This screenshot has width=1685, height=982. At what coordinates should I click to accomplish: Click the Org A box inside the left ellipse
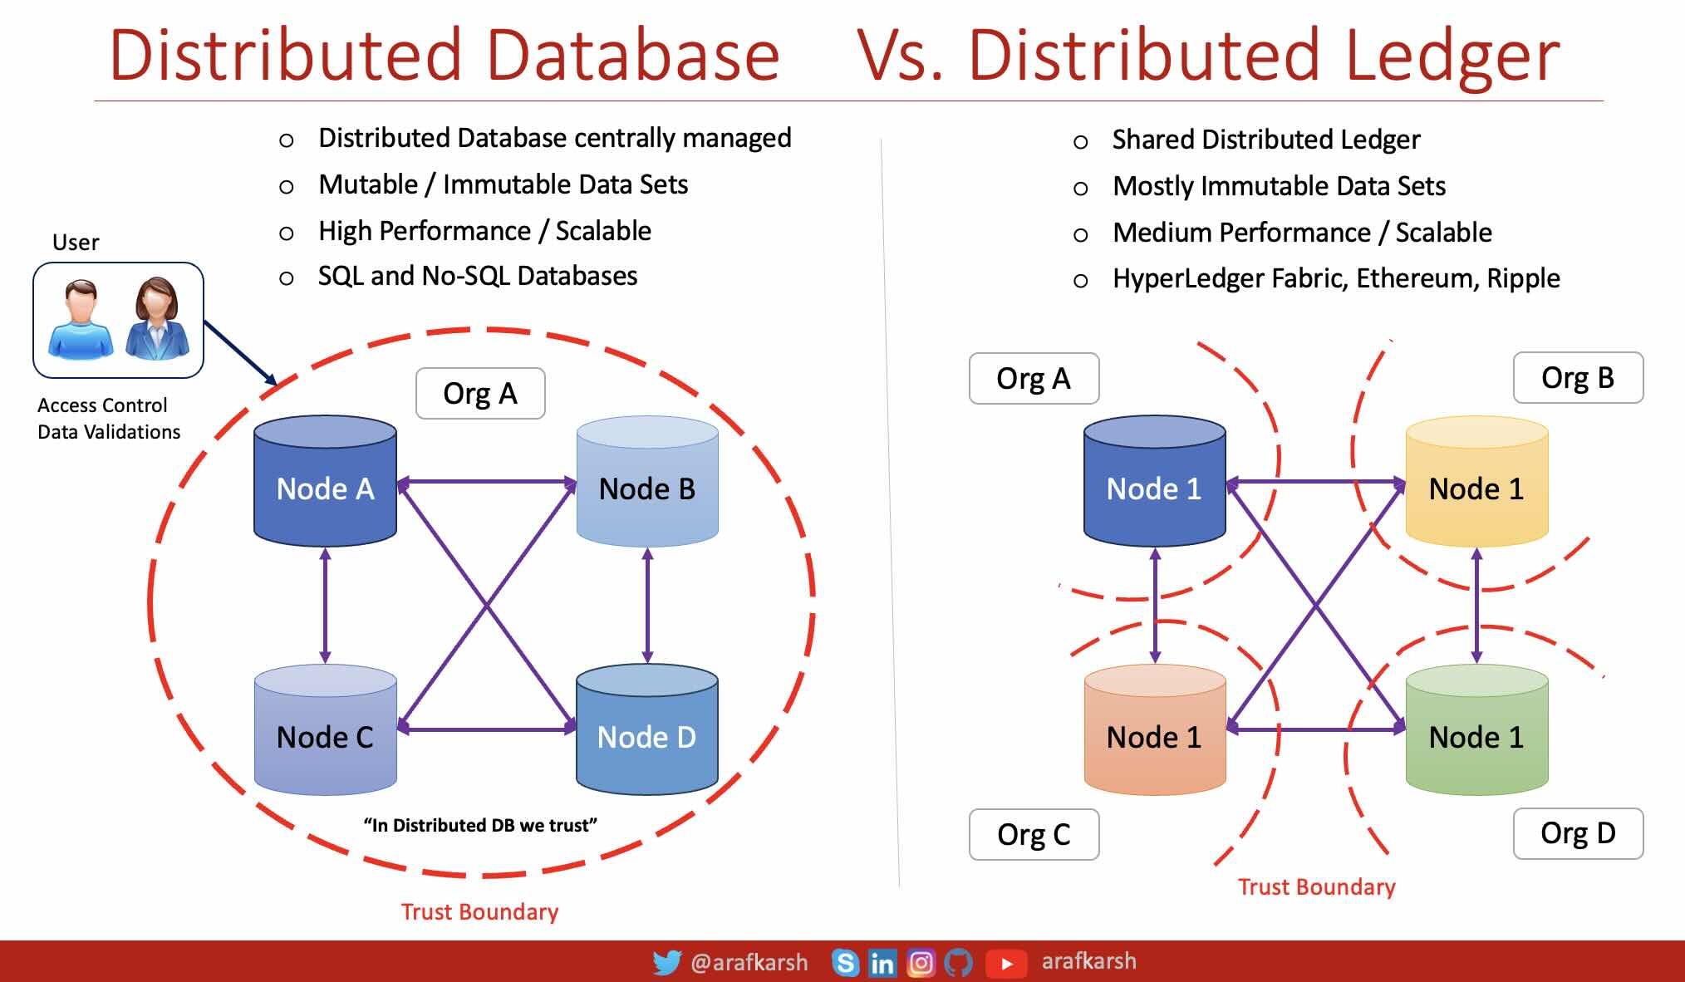click(480, 394)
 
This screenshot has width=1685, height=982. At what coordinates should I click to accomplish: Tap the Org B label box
click(1578, 378)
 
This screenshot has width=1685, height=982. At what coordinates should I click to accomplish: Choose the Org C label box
click(1034, 834)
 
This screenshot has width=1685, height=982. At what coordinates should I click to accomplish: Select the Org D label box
click(1578, 833)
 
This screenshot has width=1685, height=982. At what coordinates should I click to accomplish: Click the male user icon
click(81, 320)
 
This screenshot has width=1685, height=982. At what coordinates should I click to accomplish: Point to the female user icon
click(157, 320)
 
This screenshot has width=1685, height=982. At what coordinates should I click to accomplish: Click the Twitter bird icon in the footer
click(666, 962)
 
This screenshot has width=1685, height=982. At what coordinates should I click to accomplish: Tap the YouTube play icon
click(1006, 963)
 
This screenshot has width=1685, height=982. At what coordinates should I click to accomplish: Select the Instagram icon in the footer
click(921, 962)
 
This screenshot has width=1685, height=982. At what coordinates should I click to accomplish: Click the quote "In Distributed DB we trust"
click(480, 825)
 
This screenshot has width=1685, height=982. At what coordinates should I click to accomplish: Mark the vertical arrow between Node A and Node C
click(325, 605)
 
